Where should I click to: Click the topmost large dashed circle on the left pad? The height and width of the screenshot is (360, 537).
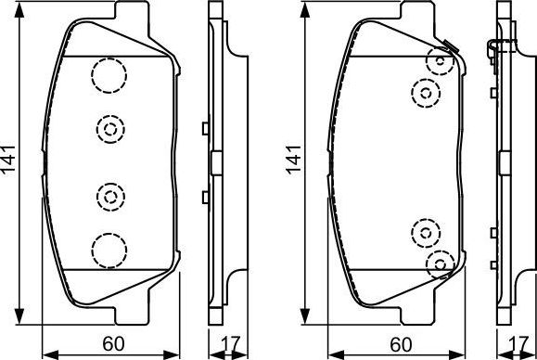point(109,74)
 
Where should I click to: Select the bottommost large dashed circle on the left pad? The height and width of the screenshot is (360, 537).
point(109,248)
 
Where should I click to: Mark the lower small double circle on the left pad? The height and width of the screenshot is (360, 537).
point(110,195)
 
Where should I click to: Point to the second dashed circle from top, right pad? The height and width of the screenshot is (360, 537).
point(425,91)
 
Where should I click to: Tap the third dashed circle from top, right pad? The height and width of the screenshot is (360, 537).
point(425,232)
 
